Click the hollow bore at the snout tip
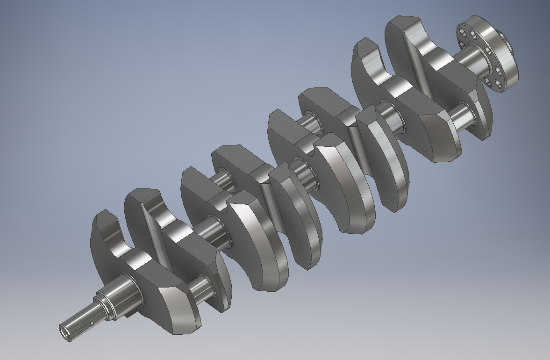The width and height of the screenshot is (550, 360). [64, 331]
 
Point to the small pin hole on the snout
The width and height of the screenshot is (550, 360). [93, 322]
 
